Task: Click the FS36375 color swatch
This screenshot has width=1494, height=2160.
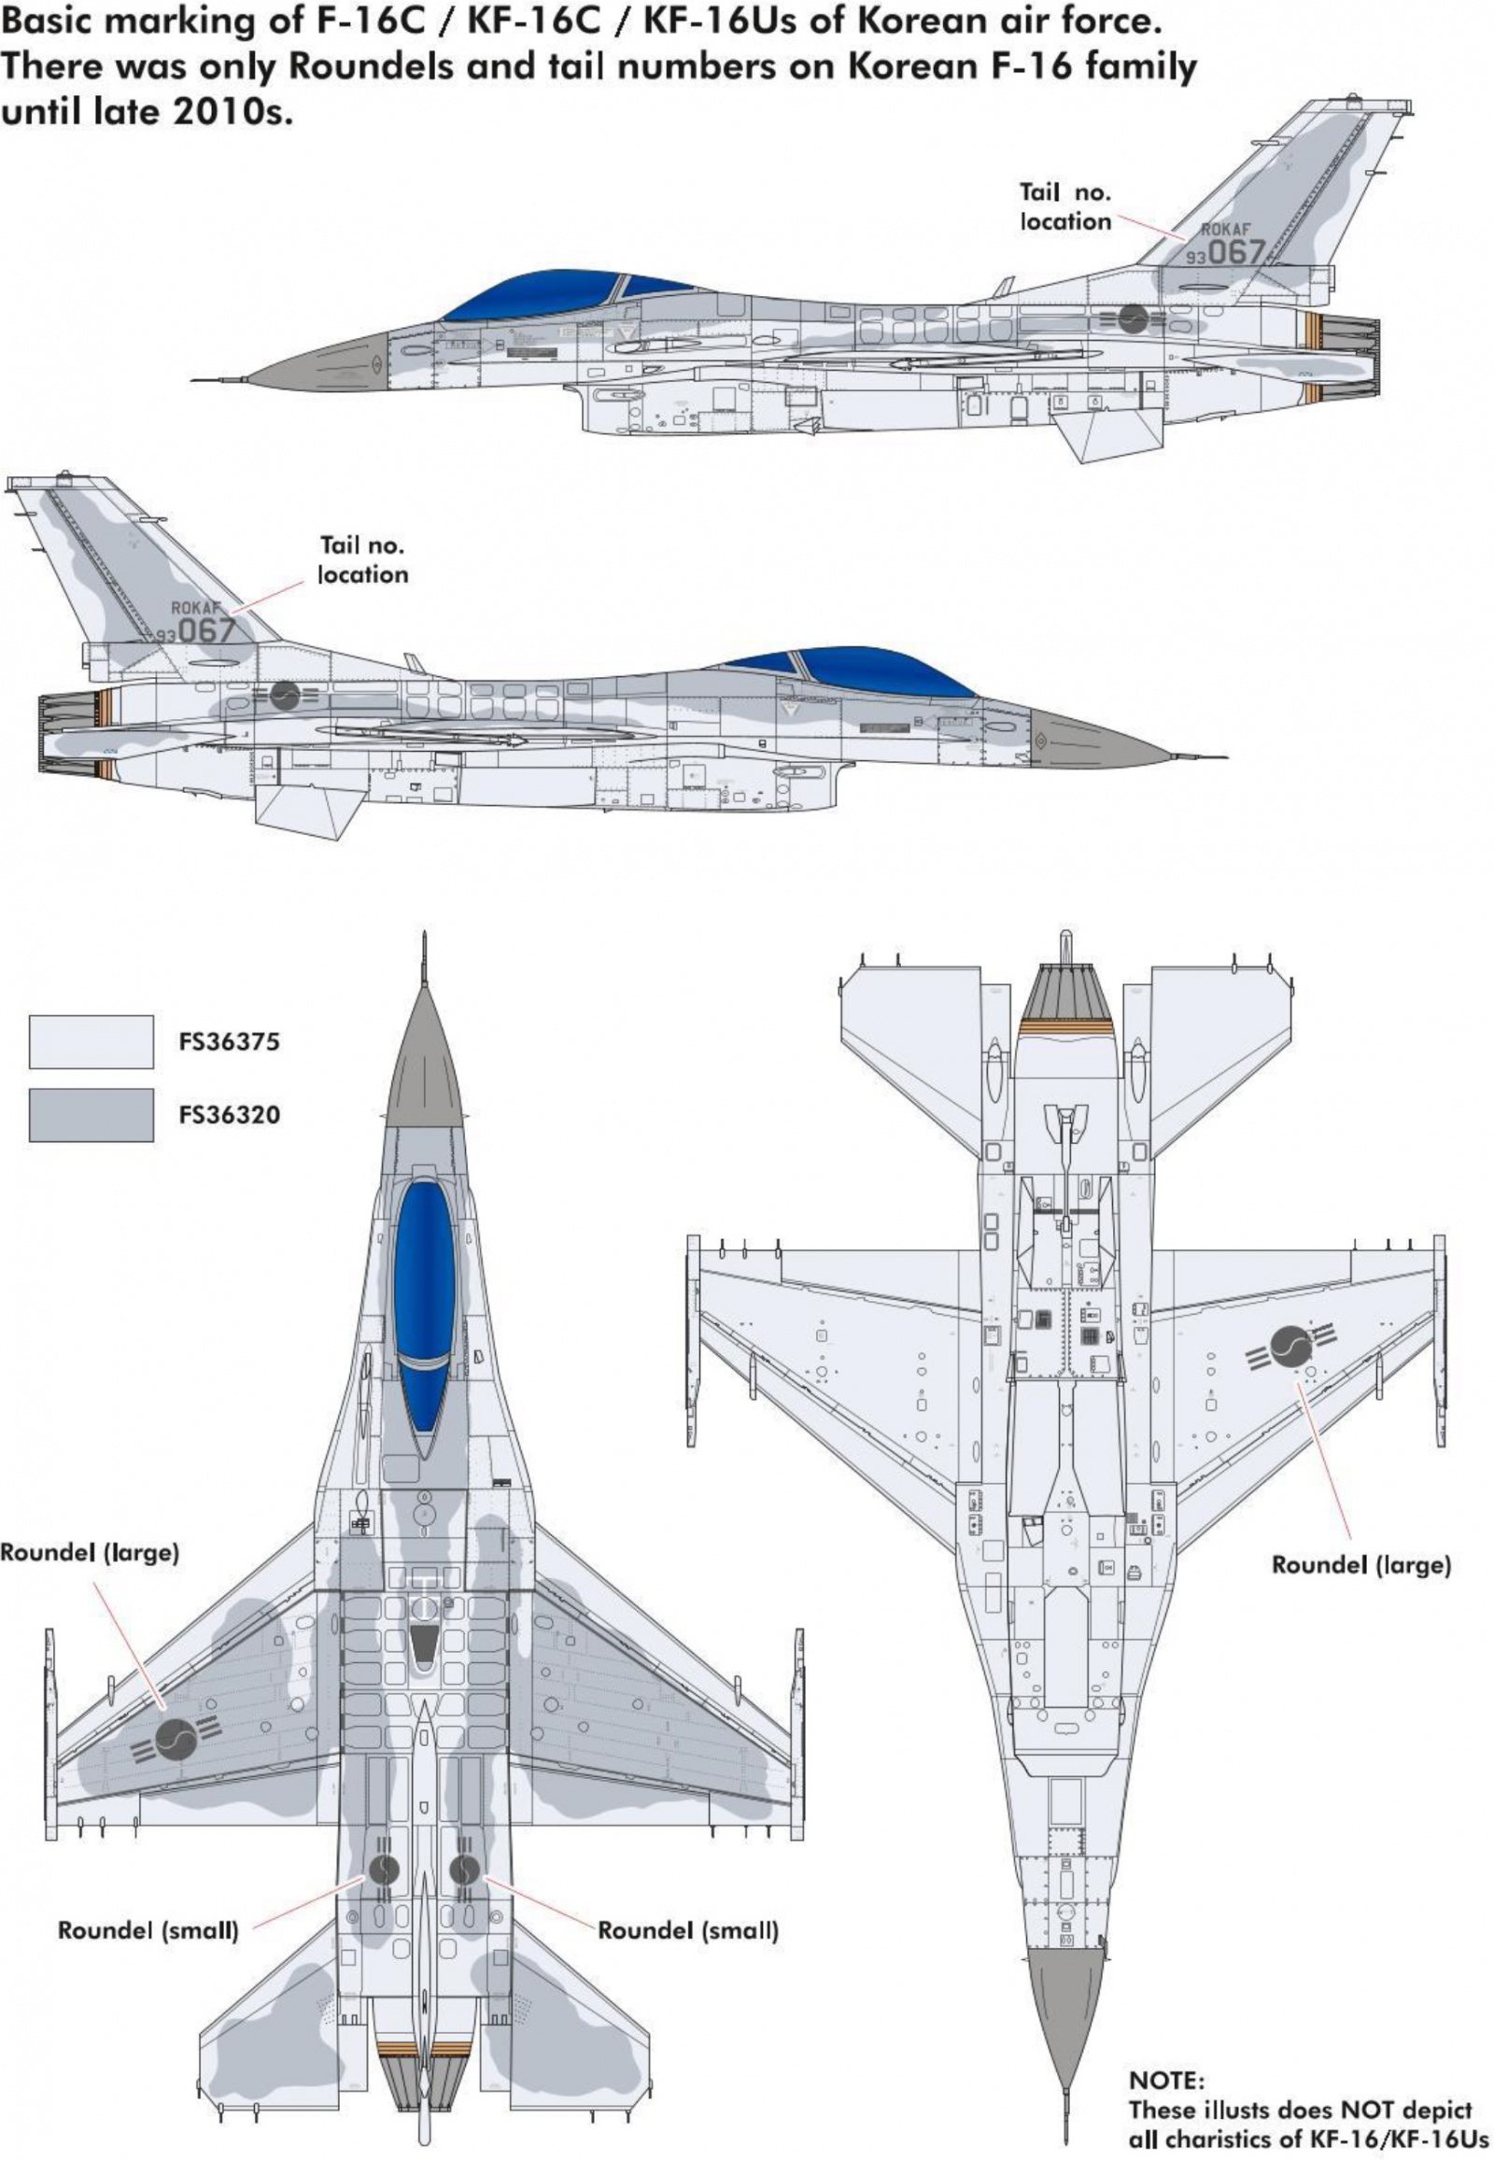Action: pyautogui.click(x=91, y=1041)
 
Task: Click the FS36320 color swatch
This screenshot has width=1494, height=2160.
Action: pyautogui.click(x=91, y=1114)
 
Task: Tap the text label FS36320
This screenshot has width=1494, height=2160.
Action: pyautogui.click(x=230, y=1115)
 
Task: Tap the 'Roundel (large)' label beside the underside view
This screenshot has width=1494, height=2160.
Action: pyautogui.click(x=1360, y=1564)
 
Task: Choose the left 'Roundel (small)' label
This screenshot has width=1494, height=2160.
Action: pyautogui.click(x=148, y=1929)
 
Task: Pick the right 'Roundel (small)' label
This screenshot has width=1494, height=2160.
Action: pyautogui.click(x=688, y=1929)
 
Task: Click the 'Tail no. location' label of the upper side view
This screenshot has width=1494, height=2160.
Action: pyautogui.click(x=1065, y=207)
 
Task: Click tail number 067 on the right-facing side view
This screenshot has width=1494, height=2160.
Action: pyautogui.click(x=207, y=630)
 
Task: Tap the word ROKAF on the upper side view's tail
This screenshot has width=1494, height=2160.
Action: pyautogui.click(x=1225, y=230)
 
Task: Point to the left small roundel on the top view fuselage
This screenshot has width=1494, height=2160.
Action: pyautogui.click(x=384, y=1869)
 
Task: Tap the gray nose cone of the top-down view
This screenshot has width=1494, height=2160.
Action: pyautogui.click(x=425, y=1067)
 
